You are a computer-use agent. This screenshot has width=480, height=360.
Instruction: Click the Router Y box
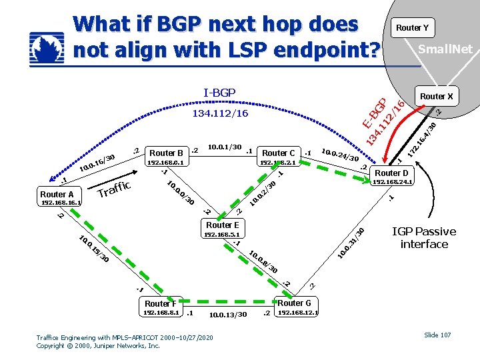coord(412,27)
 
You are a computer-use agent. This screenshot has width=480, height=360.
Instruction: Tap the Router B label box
coord(167,153)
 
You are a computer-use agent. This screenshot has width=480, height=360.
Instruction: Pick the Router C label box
coord(279,153)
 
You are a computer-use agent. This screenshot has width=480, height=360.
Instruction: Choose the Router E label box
coord(222,225)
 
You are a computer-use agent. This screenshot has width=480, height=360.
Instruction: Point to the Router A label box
coord(57,194)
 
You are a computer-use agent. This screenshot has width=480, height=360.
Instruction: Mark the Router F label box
coord(161,304)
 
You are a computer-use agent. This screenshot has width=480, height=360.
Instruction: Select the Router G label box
coord(294,303)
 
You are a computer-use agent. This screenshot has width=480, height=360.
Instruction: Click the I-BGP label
coord(219,92)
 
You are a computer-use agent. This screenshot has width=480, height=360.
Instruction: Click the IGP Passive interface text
coord(424,238)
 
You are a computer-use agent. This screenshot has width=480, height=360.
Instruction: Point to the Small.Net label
coord(444,49)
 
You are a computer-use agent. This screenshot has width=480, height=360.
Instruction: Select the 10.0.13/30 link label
coord(227,315)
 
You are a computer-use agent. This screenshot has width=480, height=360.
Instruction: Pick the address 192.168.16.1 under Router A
coord(61,202)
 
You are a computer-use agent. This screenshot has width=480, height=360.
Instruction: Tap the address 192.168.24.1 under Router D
coord(393,181)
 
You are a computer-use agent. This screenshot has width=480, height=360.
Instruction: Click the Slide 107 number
coord(437,335)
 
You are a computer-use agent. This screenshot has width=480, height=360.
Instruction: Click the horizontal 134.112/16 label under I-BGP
coord(219,113)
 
